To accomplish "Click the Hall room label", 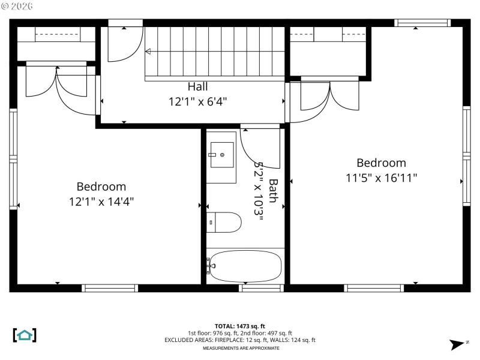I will point(197,86).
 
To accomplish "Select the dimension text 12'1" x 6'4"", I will point(197,101).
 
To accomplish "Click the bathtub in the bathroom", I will point(245,266).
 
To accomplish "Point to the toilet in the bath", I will point(225,223).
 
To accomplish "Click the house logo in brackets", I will point(25,335).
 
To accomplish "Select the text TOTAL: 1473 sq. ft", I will point(240,326).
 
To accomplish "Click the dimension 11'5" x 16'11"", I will point(381,178).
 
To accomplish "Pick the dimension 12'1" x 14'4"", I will point(101,202).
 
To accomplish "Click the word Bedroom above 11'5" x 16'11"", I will point(381,163).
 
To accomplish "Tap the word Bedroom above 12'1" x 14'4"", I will point(101,187).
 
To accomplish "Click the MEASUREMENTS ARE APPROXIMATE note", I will point(240,348).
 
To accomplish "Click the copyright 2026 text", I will point(17,6).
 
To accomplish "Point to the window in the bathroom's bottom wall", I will point(261,288).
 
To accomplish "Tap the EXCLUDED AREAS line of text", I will point(240,340).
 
